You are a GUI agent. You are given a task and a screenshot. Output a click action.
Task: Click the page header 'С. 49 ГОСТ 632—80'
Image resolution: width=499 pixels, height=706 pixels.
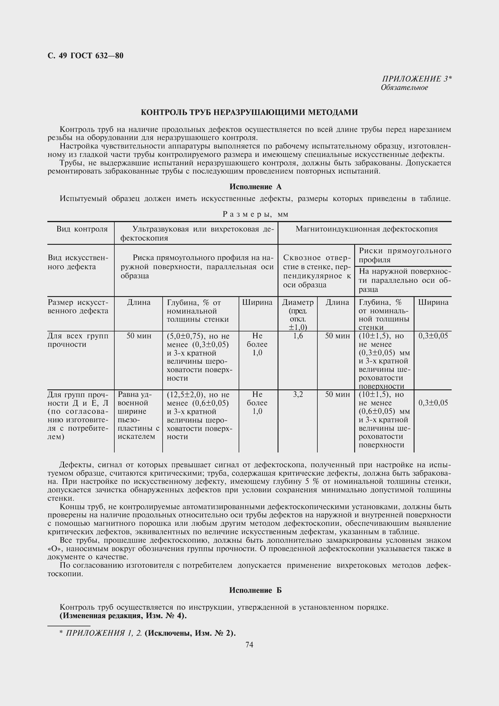(85, 56)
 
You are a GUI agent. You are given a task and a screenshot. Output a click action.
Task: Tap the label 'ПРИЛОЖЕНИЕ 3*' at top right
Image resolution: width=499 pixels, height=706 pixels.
(416, 79)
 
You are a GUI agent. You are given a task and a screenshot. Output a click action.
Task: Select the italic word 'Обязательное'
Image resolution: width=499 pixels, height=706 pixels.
(404, 88)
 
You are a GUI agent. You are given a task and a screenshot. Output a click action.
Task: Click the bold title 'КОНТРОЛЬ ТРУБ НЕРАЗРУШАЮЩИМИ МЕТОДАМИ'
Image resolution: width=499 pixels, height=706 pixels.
(249, 112)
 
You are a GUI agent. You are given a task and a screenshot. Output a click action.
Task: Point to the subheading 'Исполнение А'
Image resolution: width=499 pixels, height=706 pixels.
(255, 187)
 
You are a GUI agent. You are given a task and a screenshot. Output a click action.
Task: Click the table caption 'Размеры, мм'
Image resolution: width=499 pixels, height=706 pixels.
(255, 214)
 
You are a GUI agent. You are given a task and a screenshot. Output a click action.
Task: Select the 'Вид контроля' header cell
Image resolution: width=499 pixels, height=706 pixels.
(82, 229)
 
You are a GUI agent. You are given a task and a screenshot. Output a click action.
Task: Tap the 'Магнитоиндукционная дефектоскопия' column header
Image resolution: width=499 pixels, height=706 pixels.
(366, 229)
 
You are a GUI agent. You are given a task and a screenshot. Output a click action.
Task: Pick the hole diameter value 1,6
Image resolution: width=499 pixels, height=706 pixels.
(298, 336)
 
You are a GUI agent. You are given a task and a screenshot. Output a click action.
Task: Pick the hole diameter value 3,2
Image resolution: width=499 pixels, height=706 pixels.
(298, 395)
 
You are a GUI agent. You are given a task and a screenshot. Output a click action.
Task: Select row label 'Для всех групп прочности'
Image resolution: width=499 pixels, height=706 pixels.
(78, 340)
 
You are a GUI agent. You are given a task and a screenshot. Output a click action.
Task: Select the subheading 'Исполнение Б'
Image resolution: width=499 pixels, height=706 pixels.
(255, 590)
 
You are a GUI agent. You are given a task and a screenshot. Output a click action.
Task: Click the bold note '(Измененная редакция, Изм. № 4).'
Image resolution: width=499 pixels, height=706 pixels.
(123, 615)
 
